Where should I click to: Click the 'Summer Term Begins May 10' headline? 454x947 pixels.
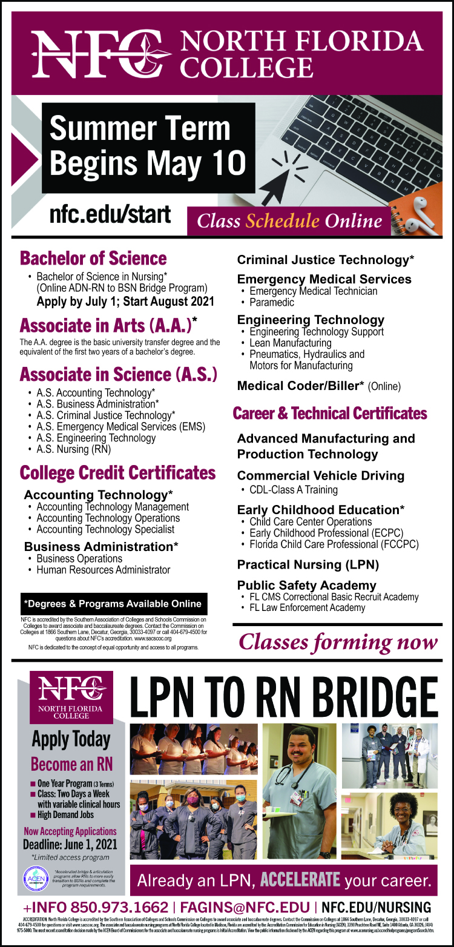148,146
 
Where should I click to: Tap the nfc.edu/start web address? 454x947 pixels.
110,214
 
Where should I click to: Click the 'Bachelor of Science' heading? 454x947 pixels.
93,259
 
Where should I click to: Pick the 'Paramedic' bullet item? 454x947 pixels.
272,302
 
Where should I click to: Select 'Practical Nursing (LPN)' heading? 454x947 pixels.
308,565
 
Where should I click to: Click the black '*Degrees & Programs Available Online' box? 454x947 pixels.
114,604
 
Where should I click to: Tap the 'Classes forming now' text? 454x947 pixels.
338,642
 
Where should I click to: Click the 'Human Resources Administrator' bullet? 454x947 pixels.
104,570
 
